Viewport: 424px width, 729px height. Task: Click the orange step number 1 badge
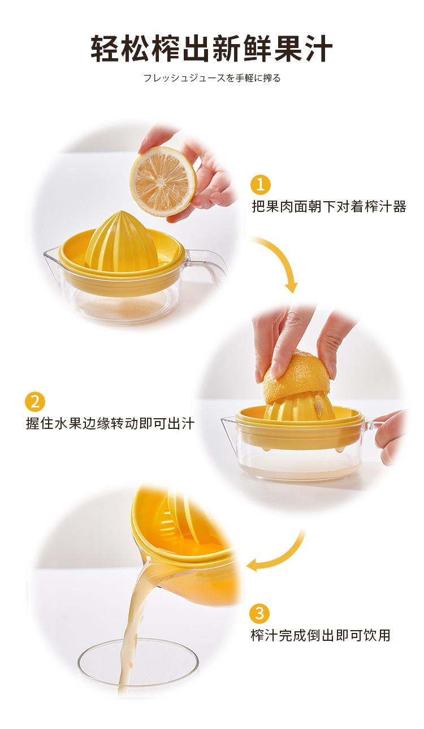260,184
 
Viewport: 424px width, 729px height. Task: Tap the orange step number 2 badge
34,402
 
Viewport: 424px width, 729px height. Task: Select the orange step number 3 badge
259,613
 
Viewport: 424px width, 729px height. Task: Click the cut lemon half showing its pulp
163,182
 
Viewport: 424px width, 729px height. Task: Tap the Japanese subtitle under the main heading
212,78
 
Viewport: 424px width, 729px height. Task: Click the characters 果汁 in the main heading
303,49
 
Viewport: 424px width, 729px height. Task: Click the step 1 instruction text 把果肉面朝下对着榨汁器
329,206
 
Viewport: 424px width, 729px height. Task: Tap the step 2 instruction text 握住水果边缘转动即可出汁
110,424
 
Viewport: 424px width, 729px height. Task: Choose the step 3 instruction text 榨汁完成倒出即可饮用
321,635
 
